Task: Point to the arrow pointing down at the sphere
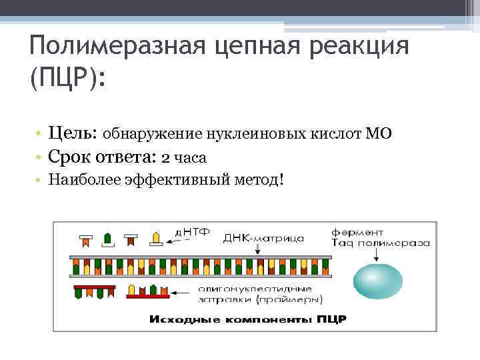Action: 379,257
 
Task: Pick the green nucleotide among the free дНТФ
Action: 107,238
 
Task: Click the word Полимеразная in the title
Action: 111,47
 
